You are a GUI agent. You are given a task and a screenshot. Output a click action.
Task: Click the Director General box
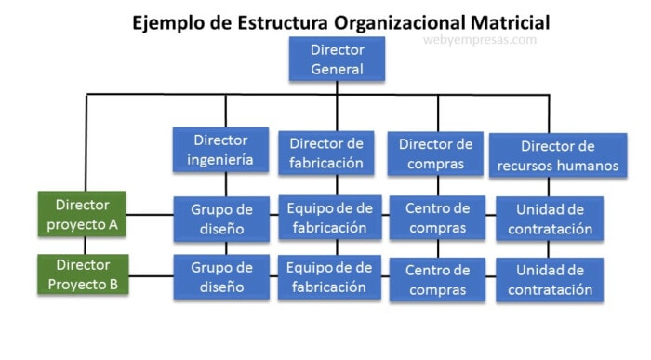tap(337, 59)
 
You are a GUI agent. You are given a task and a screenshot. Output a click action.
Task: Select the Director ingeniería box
tap(220, 150)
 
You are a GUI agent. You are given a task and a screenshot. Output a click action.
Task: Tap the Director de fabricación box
tap(325, 153)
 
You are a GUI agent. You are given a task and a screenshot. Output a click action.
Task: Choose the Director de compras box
tap(435, 153)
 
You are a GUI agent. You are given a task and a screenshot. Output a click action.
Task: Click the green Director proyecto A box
tap(83, 214)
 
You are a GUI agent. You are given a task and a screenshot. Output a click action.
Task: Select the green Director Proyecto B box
tap(83, 275)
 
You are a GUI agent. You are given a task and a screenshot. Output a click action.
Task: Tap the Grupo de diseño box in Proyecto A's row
tap(220, 218)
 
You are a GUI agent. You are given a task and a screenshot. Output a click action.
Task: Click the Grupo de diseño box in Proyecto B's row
tap(220, 277)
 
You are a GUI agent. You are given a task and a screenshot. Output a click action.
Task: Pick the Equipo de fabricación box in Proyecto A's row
tap(329, 218)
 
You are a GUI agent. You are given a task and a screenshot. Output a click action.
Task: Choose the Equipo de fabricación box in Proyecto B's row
tap(329, 277)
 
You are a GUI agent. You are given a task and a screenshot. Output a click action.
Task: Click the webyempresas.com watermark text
tap(479, 40)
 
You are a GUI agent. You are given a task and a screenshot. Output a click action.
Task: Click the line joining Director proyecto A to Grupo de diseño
tap(151, 215)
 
